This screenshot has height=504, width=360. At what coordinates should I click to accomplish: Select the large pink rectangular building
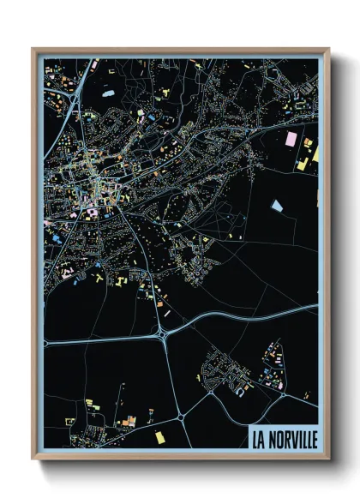(291, 138)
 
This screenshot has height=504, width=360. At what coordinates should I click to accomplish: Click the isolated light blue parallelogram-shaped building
(276, 205)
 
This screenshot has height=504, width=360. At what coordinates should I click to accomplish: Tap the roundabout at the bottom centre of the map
(181, 416)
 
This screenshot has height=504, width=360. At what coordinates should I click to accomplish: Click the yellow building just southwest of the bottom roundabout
(159, 436)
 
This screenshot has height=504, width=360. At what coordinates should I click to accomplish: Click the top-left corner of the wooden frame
(33, 49)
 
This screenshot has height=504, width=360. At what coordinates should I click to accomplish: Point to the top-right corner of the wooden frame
(328, 49)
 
